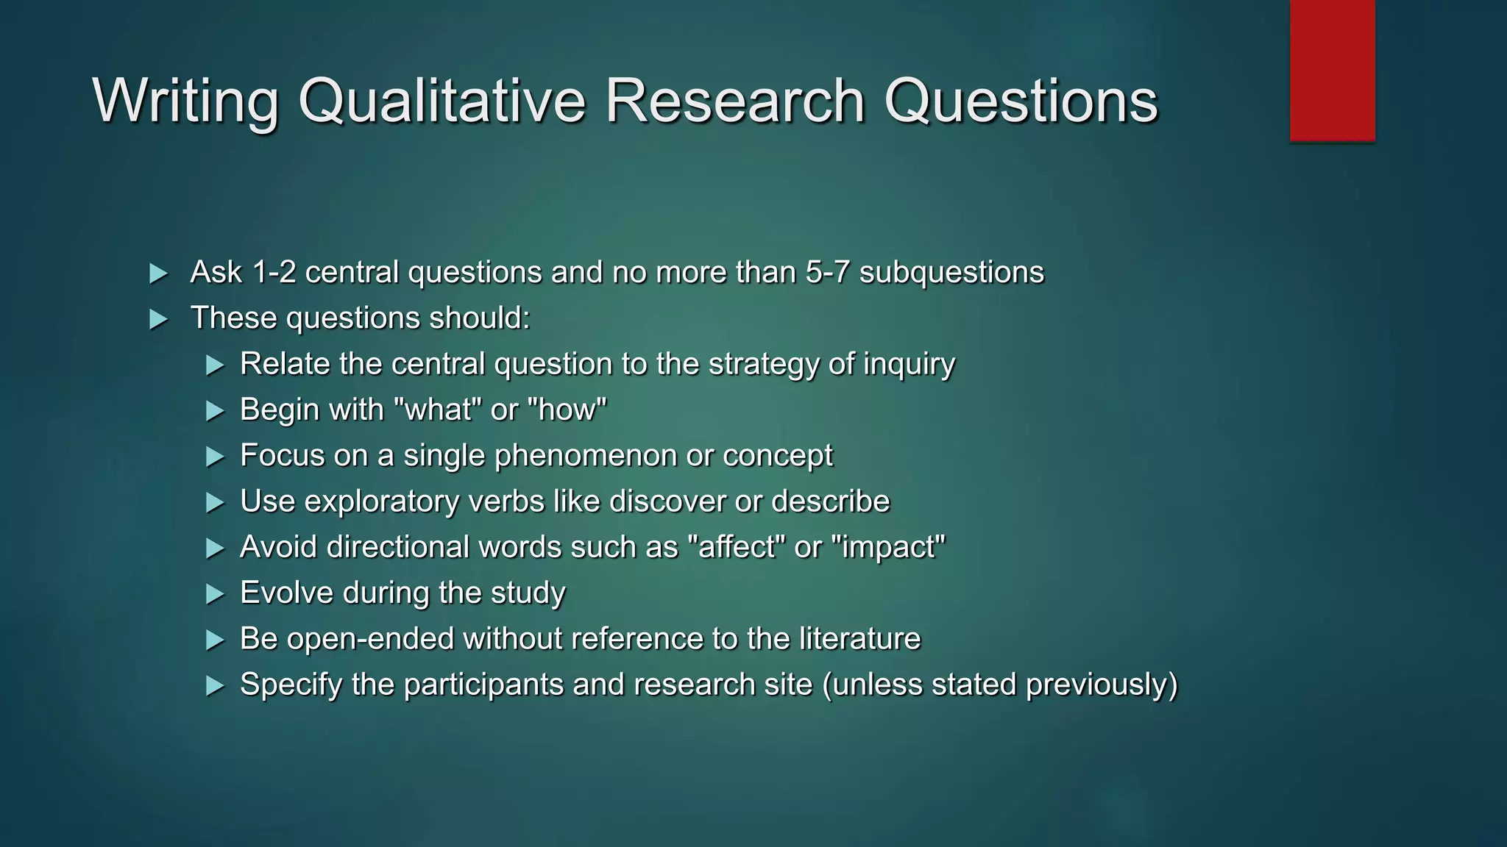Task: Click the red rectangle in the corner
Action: coord(1332,70)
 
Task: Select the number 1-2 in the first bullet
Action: coord(274,273)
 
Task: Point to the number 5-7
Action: coord(828,273)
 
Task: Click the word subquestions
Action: coord(951,273)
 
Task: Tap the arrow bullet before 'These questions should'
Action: coord(158,320)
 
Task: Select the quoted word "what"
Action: coord(438,410)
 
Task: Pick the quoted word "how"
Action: coord(567,410)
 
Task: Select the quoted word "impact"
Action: coord(888,548)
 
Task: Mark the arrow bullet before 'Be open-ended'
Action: coord(215,640)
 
